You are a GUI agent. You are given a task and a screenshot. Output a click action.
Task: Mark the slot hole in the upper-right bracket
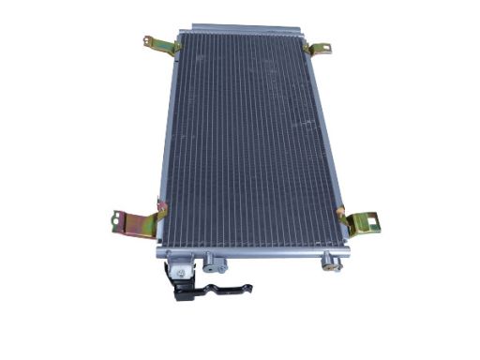[324, 49]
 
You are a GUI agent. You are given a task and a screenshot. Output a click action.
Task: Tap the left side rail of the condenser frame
[167, 141]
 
